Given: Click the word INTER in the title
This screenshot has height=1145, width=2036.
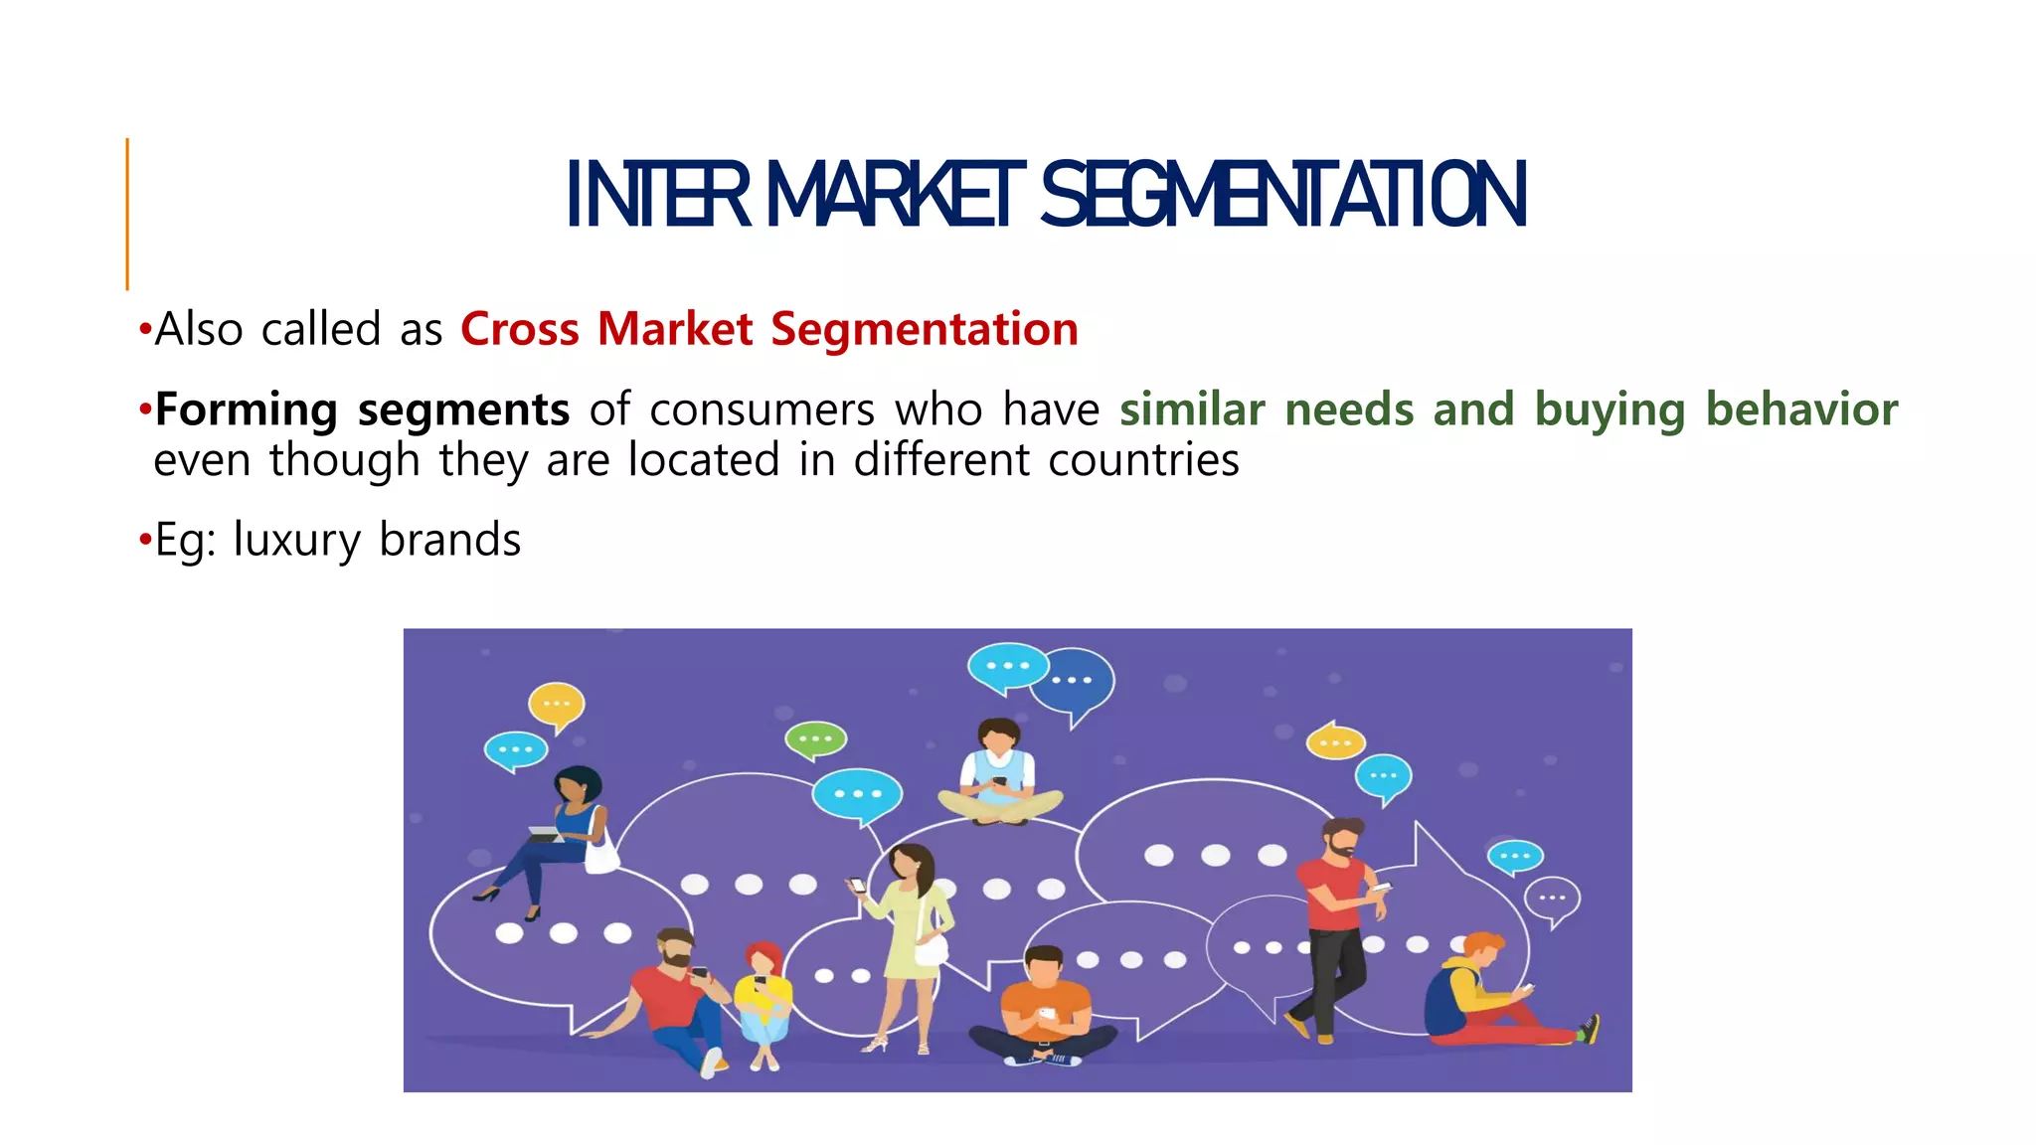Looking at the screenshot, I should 657,195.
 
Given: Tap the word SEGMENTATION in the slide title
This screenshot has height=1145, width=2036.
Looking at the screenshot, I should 1282,195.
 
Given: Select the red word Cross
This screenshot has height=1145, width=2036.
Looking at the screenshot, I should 520,329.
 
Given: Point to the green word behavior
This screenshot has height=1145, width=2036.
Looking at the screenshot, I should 1801,409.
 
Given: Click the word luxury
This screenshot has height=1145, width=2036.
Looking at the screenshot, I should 296,541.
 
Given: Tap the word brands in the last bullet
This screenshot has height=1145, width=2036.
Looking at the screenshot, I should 450,540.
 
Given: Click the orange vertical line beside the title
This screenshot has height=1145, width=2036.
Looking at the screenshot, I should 127,214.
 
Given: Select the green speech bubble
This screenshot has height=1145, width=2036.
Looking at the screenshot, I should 815,739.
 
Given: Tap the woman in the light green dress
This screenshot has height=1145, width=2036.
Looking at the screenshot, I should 905,934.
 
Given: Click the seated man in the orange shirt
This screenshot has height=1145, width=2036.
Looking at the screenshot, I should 1044,1004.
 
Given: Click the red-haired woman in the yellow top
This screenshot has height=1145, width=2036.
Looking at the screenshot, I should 763,999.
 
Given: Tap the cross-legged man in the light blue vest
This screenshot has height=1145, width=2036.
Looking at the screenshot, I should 1000,775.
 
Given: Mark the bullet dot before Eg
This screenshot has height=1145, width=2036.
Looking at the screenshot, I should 145,542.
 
